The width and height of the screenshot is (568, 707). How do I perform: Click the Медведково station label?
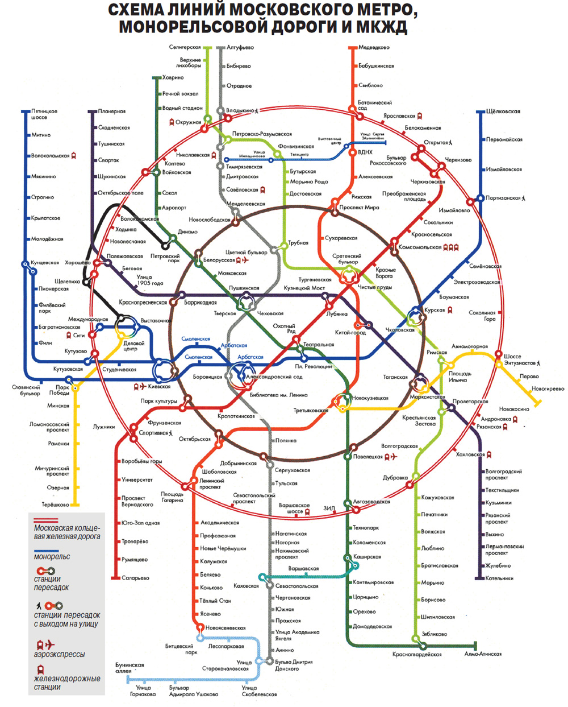[374, 48]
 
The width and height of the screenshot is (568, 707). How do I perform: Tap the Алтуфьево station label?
[240, 48]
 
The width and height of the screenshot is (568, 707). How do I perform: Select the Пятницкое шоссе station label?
[44, 114]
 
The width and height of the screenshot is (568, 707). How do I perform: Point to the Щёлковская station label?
[503, 111]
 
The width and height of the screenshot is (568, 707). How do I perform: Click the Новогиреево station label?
[548, 389]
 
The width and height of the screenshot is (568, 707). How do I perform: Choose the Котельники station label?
[499, 578]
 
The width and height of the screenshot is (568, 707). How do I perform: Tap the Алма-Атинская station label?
[483, 654]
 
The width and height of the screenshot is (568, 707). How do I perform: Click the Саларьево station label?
[135, 578]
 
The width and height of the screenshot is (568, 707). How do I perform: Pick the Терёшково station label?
[55, 505]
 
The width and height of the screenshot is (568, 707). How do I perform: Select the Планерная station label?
[111, 111]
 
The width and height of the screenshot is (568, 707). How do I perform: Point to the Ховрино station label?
[173, 77]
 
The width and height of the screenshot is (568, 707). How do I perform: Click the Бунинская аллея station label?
[130, 668]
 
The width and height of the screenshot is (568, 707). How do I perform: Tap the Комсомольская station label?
[420, 247]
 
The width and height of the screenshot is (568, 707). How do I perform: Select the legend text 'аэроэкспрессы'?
[59, 655]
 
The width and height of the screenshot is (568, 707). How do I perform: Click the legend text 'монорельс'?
[52, 557]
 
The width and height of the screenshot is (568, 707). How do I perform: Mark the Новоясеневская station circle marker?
[200, 628]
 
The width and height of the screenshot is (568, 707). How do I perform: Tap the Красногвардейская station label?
[416, 655]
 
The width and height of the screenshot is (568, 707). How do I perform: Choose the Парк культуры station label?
[158, 402]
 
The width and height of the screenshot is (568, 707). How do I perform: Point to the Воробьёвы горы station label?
[141, 461]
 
